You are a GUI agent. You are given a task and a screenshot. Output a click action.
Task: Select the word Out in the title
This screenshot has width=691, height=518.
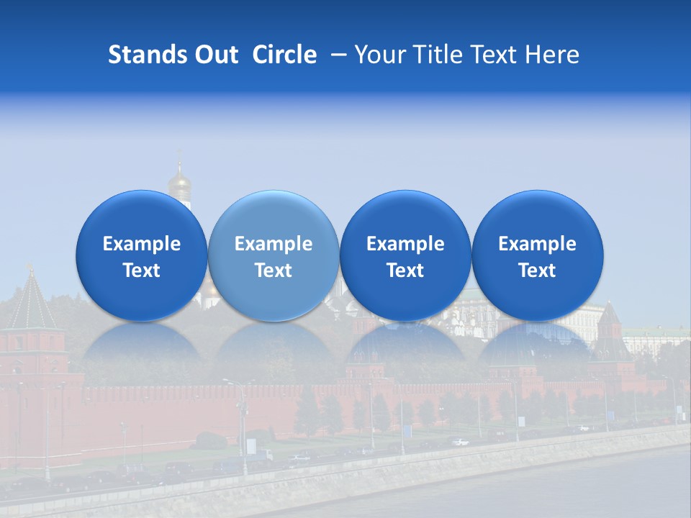point(214,55)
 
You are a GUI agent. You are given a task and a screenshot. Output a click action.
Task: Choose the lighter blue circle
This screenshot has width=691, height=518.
point(274,255)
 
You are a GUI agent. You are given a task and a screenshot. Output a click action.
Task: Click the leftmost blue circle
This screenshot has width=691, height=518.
point(142,255)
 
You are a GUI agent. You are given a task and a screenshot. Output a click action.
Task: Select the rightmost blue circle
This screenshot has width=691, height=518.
point(538,255)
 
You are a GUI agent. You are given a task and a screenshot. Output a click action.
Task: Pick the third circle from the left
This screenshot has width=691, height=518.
point(405,255)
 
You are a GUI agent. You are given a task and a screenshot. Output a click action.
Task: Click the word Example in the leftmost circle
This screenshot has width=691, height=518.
point(142,244)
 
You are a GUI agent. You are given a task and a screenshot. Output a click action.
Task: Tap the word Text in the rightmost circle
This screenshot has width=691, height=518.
point(538,271)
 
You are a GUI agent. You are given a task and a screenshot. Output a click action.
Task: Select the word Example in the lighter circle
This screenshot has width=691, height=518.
point(274,244)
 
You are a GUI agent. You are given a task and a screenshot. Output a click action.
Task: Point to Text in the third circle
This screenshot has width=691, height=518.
point(405,271)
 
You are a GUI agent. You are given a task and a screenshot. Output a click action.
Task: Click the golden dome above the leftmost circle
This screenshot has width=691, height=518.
point(179,180)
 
